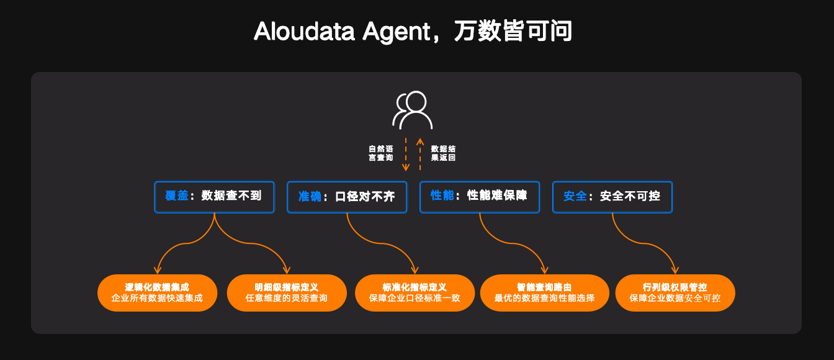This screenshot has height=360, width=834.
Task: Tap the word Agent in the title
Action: tap(396, 31)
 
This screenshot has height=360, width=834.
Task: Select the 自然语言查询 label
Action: tap(380, 153)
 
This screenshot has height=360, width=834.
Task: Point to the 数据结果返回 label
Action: tap(443, 153)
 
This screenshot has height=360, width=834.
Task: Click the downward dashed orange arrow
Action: tap(406, 154)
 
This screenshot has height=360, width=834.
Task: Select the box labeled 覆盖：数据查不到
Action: tap(214, 197)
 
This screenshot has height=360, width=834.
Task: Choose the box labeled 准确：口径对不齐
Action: tap(346, 197)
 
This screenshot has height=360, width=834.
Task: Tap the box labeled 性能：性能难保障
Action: tap(480, 197)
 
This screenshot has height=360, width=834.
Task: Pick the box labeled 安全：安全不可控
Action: tap(612, 197)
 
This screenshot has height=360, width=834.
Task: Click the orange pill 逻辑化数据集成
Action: tap(157, 293)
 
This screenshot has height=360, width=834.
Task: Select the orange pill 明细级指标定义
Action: tap(286, 293)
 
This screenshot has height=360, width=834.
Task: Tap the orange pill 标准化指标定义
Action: tap(415, 293)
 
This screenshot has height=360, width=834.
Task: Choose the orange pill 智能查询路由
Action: tap(544, 293)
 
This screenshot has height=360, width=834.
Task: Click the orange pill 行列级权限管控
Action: tap(675, 293)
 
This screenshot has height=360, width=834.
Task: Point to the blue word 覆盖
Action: tap(176, 196)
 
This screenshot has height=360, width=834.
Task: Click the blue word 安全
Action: tap(575, 196)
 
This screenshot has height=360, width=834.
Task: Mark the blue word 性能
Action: tap(442, 196)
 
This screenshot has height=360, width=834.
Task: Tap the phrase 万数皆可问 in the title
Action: tap(513, 31)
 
